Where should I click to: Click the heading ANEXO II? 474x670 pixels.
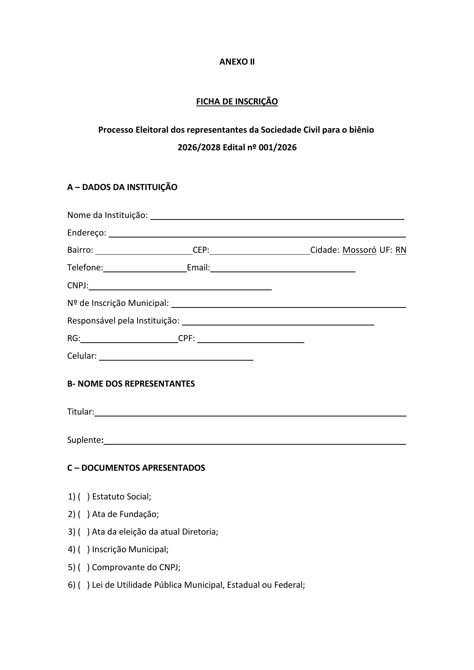coord(237,62)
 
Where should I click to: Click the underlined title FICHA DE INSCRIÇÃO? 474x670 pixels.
coord(237,101)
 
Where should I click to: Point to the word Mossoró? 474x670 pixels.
coord(359,250)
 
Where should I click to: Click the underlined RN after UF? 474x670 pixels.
coord(401,250)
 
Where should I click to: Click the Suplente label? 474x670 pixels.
coord(84,440)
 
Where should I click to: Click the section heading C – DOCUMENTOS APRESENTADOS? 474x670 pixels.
coord(136,468)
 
